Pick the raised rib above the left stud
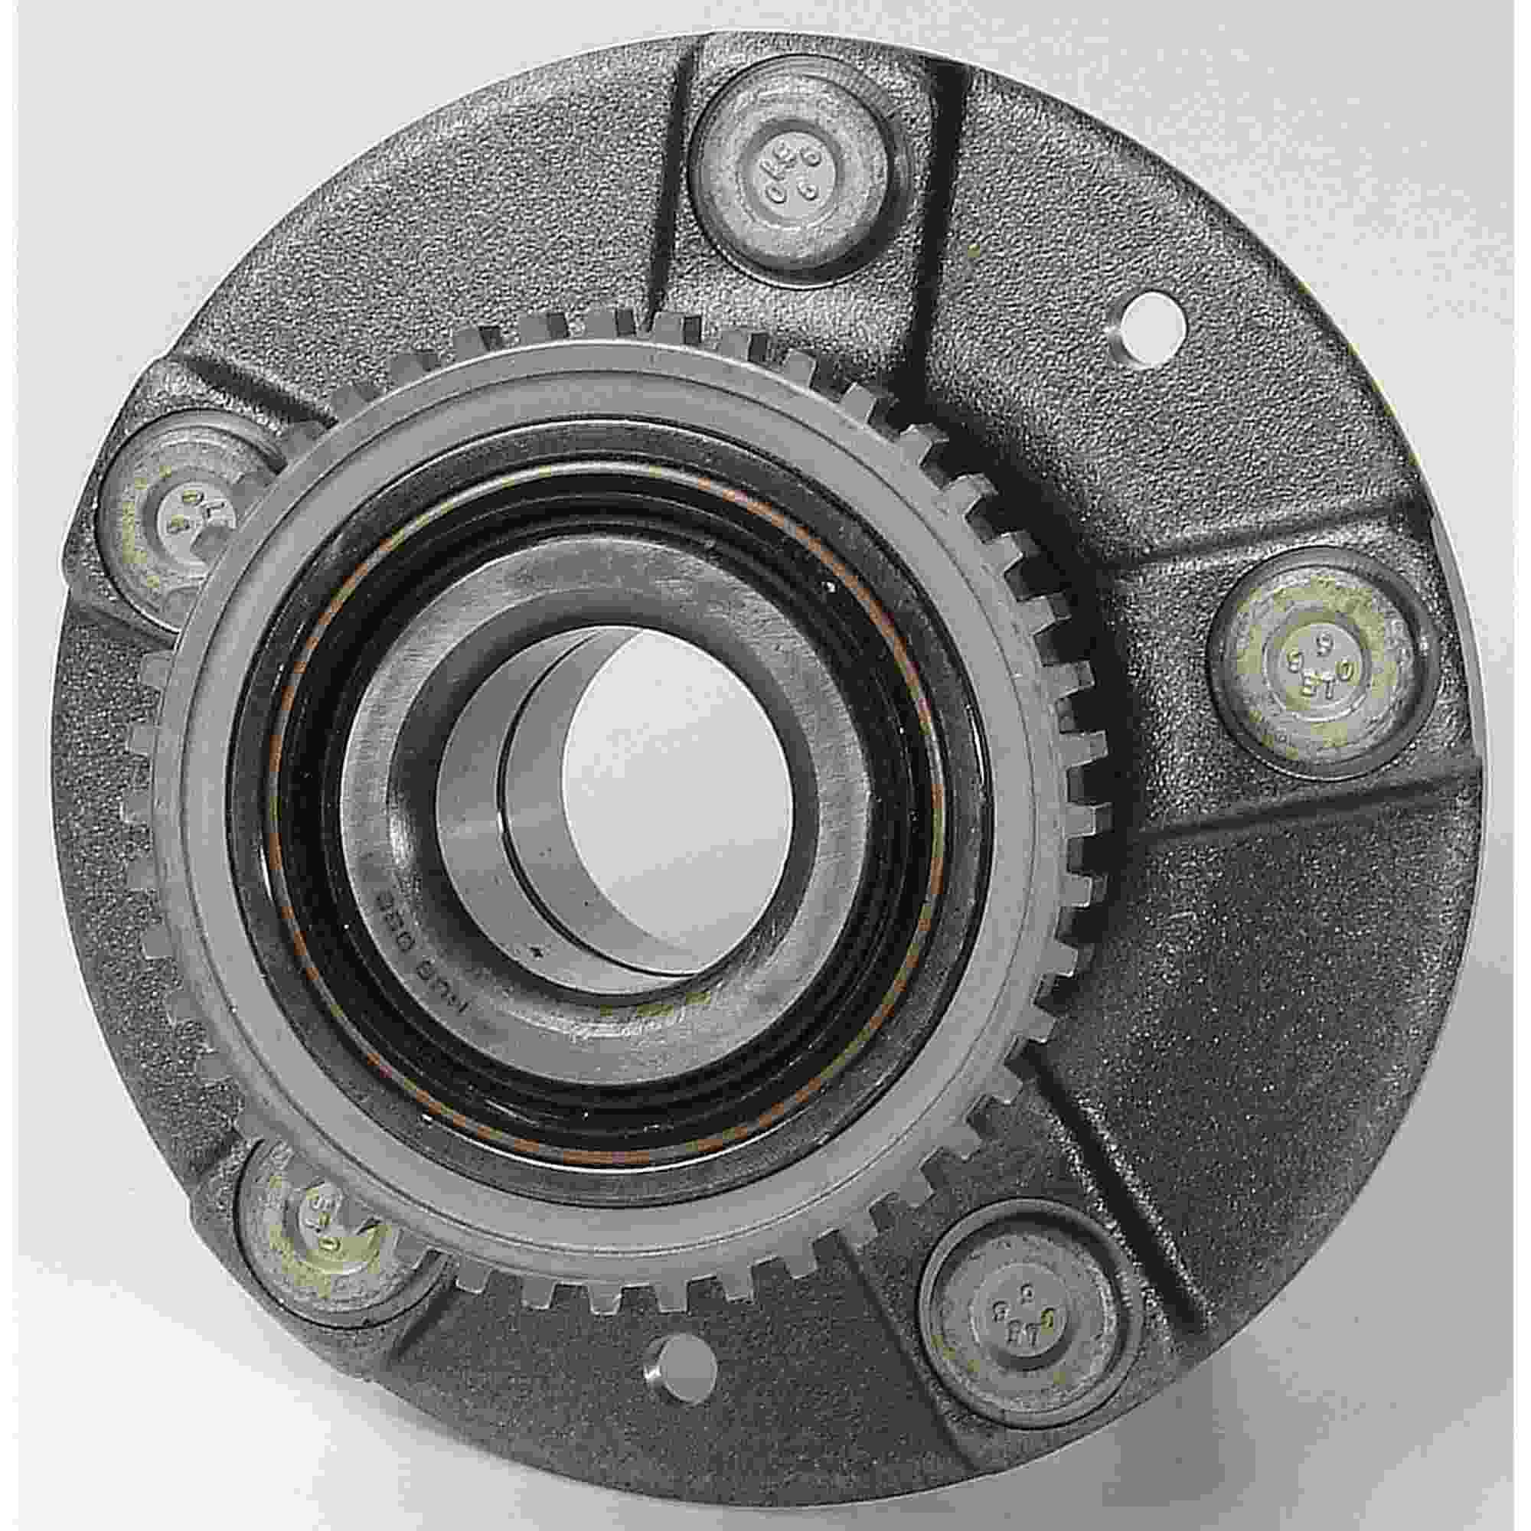tap(238, 388)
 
